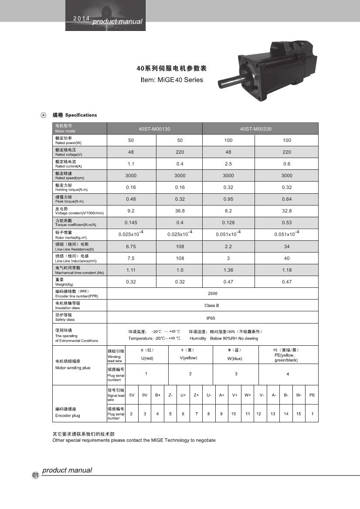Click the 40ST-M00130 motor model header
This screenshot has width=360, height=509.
pos(154,129)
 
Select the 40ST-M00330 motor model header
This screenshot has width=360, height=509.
pos(256,129)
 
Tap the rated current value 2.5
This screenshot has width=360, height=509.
pos(228,164)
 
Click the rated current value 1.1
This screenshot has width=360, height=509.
pos(131,164)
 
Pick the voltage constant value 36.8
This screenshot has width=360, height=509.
pos(180,211)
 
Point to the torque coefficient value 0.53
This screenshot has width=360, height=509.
pos(286,222)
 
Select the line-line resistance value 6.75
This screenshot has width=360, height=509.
pos(131,246)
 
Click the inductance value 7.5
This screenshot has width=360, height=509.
pos(131,258)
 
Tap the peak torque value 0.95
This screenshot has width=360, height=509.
pos(228,199)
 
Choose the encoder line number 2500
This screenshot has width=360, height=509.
pos(212,293)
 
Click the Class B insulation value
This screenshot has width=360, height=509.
pos(212,305)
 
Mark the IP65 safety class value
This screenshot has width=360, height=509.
pos(212,317)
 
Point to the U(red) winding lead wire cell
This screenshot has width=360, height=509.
pos(147,358)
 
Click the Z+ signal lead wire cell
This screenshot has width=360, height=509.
pos(196,395)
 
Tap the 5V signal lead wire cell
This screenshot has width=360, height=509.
pos(132,395)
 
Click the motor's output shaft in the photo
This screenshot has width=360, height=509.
pos(228,82)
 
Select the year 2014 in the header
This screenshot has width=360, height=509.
pos(81,19)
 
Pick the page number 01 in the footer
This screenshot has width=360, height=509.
pos(35,475)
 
